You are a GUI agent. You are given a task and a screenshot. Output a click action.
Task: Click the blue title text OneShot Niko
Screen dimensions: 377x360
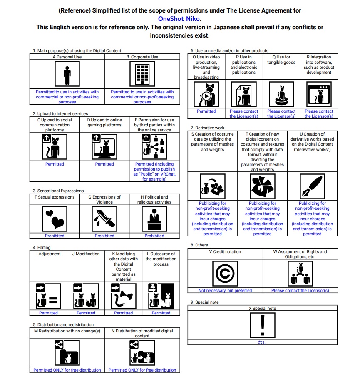(179, 18)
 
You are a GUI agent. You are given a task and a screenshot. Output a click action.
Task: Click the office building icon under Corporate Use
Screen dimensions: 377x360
(142, 74)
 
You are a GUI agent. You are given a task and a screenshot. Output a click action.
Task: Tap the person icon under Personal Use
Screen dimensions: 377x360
(67, 74)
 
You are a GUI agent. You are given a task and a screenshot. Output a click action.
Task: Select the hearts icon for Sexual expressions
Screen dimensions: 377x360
(55, 218)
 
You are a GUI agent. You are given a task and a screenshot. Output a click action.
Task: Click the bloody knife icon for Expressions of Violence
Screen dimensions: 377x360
(104, 218)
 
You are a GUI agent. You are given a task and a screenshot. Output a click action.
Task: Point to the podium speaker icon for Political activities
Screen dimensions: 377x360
(154, 218)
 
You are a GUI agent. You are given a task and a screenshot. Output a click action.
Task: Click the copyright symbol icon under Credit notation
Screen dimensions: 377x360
(225, 273)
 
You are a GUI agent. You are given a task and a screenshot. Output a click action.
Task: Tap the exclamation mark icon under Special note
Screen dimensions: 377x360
(262, 325)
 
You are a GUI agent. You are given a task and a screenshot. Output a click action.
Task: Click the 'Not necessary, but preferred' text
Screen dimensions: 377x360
(225, 290)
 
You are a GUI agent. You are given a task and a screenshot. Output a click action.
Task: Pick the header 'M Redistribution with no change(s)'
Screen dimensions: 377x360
(67, 331)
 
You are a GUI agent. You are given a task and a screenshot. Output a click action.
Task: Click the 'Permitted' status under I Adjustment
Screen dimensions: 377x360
(48, 313)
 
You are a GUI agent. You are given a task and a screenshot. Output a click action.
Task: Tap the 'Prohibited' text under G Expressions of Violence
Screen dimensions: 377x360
(104, 236)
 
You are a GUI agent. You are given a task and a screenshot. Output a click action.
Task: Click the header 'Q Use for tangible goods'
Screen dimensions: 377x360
(281, 60)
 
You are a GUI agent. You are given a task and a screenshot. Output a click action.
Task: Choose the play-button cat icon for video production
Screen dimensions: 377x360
(206, 94)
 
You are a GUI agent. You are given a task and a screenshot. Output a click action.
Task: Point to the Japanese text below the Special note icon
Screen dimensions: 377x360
(262, 342)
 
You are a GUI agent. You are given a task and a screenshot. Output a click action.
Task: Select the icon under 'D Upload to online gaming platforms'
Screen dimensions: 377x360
(104, 147)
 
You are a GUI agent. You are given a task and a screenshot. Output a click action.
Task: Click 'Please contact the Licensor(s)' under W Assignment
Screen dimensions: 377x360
(300, 290)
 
